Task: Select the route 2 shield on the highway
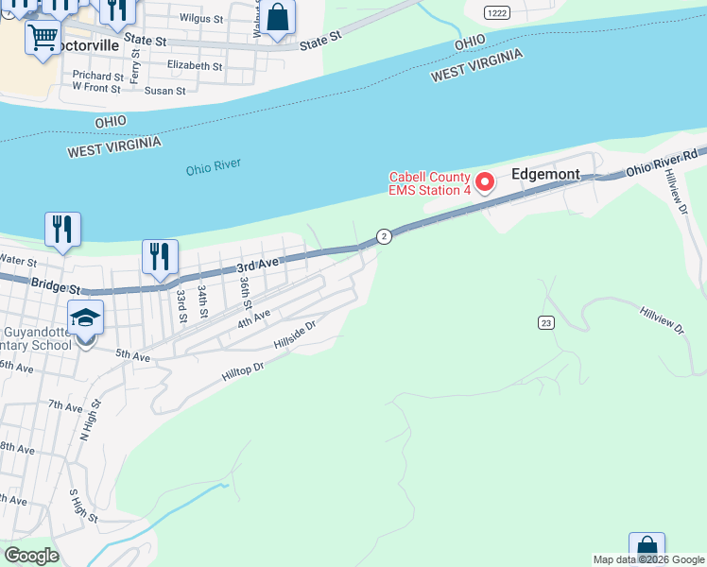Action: click(384, 236)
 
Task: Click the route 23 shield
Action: click(546, 322)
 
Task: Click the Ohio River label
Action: click(213, 167)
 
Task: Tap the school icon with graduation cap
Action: click(85, 318)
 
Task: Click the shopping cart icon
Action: click(43, 39)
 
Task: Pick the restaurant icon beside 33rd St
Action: click(160, 256)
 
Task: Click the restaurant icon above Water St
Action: click(62, 229)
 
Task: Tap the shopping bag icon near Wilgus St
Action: click(277, 17)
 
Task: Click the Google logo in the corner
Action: click(31, 556)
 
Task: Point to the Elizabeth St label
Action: click(194, 66)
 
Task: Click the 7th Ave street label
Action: click(66, 406)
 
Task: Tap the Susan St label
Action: click(164, 91)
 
